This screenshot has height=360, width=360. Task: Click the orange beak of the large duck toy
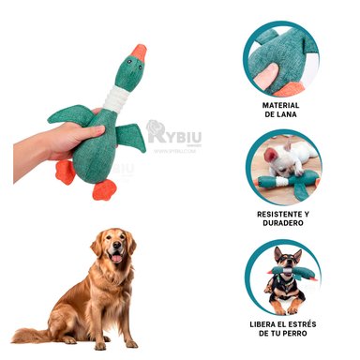[x=140, y=52]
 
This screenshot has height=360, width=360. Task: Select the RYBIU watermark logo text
[x=178, y=135]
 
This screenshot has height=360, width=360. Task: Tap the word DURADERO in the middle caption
[x=281, y=225]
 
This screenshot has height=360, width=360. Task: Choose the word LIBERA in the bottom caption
[x=267, y=324]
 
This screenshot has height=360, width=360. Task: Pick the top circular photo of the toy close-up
[x=281, y=58]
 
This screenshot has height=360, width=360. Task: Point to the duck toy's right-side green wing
[x=131, y=137]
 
